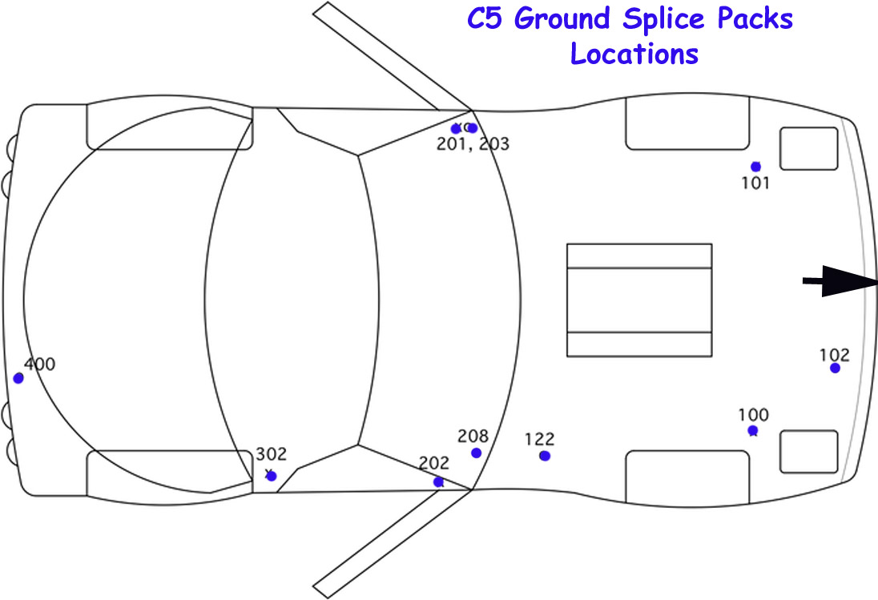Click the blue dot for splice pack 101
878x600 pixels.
click(x=755, y=167)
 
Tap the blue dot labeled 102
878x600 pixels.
click(x=835, y=368)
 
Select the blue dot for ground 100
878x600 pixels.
click(x=753, y=431)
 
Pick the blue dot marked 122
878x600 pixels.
click(x=545, y=456)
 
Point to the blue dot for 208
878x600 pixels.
click(x=477, y=453)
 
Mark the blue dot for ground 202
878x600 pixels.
click(x=438, y=482)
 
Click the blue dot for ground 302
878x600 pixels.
click(x=272, y=477)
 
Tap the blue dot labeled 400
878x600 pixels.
click(x=18, y=378)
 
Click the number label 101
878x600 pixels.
click(x=755, y=183)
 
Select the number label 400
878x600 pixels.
click(x=40, y=364)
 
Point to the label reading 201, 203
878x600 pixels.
click(x=473, y=144)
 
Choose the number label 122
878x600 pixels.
click(x=539, y=439)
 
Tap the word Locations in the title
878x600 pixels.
click(x=634, y=54)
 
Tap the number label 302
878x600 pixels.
click(x=271, y=454)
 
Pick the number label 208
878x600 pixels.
click(x=473, y=436)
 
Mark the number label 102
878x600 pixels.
click(x=835, y=355)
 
